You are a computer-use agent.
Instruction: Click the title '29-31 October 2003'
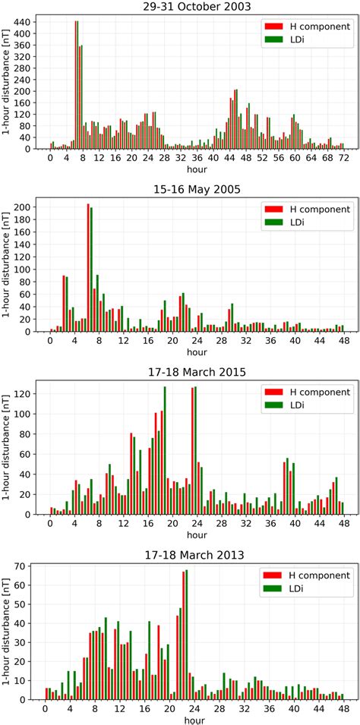(x=197, y=7)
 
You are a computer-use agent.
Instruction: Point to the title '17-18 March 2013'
(x=197, y=555)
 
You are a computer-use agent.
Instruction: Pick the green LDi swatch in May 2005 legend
(x=273, y=222)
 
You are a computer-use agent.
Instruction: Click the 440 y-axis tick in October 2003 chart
(x=22, y=22)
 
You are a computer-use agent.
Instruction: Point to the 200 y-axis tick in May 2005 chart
(x=22, y=207)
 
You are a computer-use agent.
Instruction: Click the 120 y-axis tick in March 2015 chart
(x=22, y=394)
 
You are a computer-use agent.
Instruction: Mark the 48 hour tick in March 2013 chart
(x=343, y=709)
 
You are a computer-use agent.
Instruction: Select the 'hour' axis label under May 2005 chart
(x=196, y=352)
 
